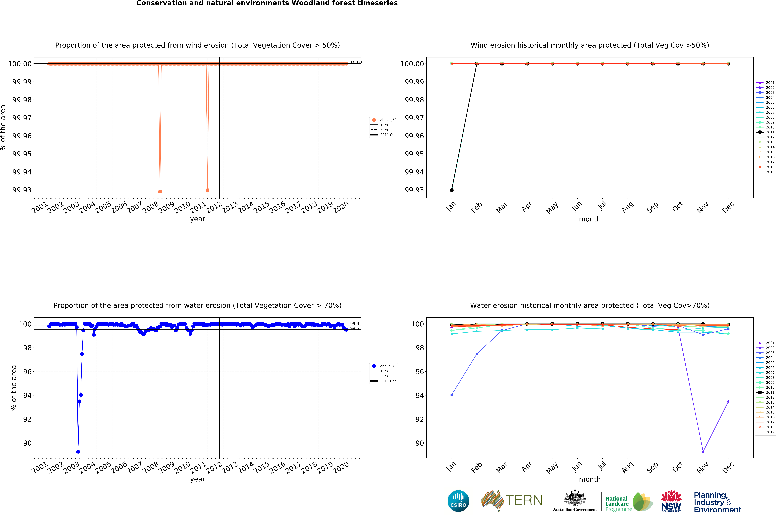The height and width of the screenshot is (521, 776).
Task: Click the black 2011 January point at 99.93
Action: [452, 190]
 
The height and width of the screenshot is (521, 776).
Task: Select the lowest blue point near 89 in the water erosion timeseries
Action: [78, 452]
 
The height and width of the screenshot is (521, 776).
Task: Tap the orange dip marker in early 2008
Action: [160, 191]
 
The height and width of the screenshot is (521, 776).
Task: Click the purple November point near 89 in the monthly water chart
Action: [703, 452]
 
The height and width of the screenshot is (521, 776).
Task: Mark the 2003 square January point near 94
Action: [452, 395]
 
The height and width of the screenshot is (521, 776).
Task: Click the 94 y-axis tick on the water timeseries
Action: [27, 395]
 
